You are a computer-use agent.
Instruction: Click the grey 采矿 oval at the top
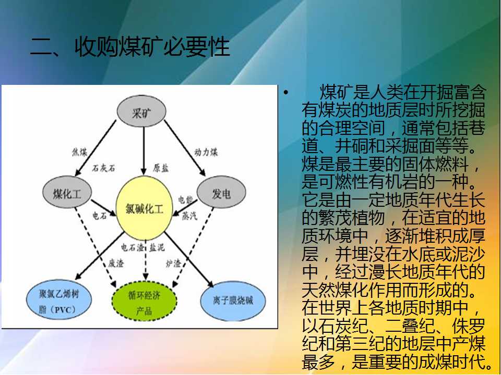[x=141, y=111]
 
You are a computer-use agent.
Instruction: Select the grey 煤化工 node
[x=67, y=192]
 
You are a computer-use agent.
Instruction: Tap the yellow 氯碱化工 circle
[x=144, y=208]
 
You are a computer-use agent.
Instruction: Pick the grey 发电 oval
[x=221, y=192]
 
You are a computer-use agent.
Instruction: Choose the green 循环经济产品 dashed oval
[x=145, y=301]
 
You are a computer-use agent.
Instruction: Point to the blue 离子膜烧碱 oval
[x=233, y=301]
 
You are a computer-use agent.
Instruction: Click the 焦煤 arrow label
[x=79, y=152]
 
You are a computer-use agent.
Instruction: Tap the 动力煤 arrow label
[x=206, y=152]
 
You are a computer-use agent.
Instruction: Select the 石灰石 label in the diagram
[x=103, y=168]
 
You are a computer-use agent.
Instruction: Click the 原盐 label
[x=160, y=168]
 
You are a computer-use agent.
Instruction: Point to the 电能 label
[x=185, y=200]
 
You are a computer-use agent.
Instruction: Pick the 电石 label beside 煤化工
[x=100, y=216]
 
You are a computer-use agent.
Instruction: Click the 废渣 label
[x=116, y=263]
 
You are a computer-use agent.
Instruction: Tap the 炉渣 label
[x=173, y=263]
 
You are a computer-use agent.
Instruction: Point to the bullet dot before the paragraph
[x=285, y=93]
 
